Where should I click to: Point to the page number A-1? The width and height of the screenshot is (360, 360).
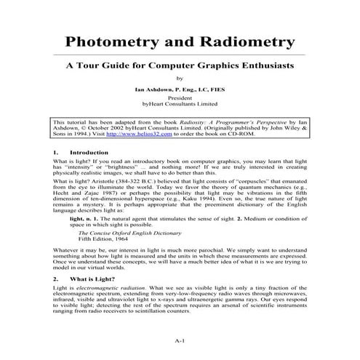(180, 340)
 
